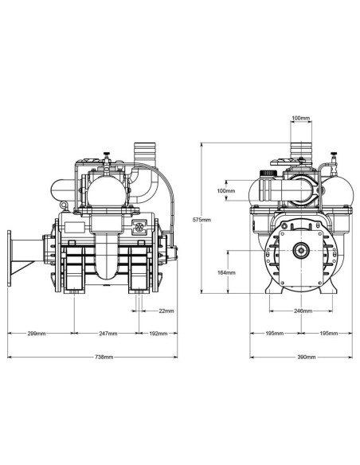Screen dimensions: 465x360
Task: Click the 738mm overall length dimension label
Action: coord(89,358)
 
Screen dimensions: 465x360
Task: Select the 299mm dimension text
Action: coord(36,333)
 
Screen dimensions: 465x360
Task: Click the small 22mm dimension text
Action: coord(166,310)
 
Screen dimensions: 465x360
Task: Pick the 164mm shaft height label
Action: coord(226,273)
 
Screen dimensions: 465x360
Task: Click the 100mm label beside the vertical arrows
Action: coord(226,191)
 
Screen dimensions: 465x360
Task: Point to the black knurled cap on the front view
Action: coord(269,171)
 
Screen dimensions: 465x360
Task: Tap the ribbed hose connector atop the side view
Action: coord(145,153)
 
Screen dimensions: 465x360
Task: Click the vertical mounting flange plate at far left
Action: coord(10,260)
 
